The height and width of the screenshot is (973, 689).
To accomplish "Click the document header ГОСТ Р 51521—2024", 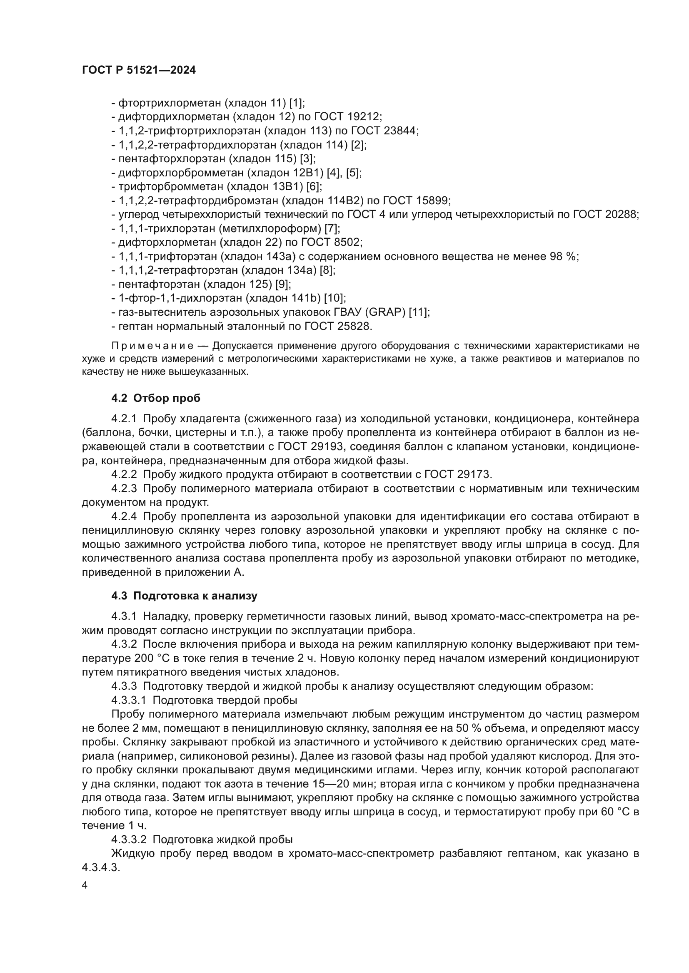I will click(139, 70).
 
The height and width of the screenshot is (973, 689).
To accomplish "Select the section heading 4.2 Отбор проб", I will click(156, 398).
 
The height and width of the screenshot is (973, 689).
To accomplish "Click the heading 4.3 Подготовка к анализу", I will click(184, 595).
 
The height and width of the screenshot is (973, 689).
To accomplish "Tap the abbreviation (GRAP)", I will click(383, 312).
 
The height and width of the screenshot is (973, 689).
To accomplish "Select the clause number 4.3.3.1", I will click(129, 700).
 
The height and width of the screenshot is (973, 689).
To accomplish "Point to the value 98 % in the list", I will click(564, 256).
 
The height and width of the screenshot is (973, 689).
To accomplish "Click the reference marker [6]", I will click(314, 187).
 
